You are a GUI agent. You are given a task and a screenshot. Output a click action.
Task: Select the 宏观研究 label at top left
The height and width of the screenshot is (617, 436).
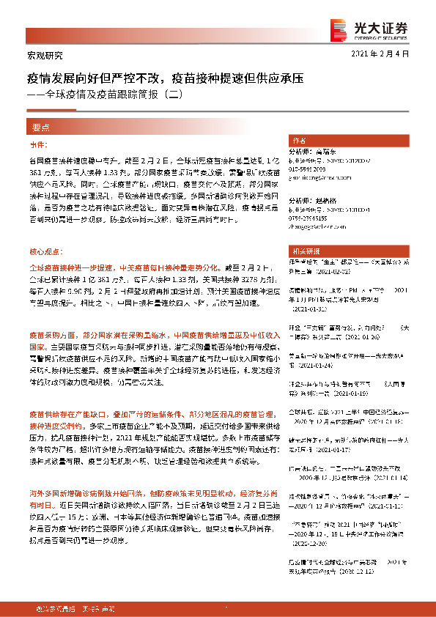(40, 55)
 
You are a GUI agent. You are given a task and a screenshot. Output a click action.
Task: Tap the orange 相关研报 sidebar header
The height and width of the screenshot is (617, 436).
(303, 250)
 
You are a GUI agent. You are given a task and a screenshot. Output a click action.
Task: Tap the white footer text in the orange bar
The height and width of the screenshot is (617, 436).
(73, 608)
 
